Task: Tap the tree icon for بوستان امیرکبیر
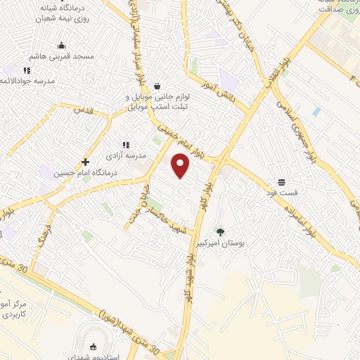[x=221, y=232]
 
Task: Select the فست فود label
[x=281, y=192]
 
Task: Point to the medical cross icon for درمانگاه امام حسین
[x=85, y=162]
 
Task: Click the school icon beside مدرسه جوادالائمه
[x=27, y=70]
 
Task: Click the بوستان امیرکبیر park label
[x=243, y=243]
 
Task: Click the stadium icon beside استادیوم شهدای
[x=94, y=347]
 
